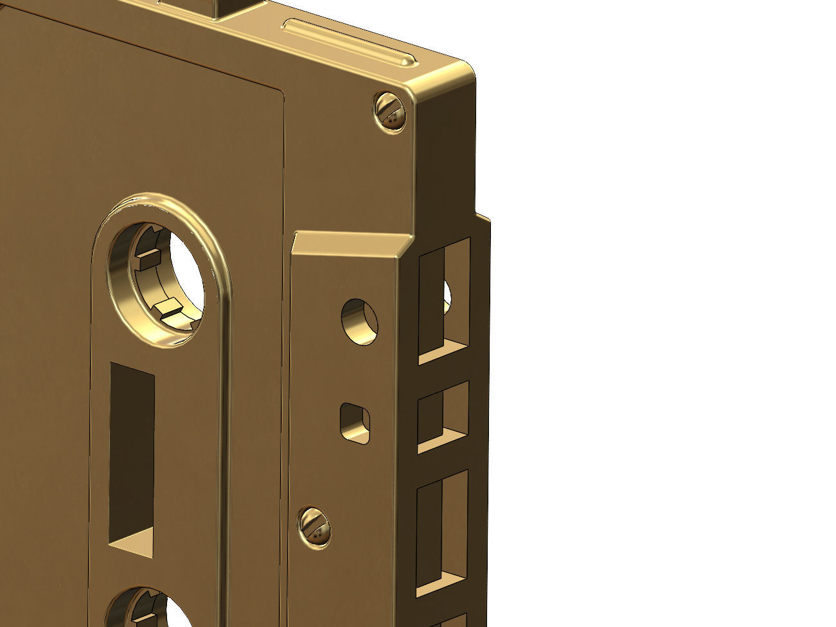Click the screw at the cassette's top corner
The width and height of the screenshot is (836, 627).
[x=390, y=112]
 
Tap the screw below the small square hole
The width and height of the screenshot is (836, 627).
[x=314, y=526]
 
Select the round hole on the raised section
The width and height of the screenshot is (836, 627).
[x=359, y=321]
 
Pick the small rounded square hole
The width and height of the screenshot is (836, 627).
[x=355, y=423]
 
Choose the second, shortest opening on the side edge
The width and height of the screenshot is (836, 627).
[x=443, y=416]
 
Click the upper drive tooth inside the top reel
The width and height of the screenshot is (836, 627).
[x=149, y=259]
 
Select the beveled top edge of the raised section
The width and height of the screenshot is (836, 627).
[x=350, y=242]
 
